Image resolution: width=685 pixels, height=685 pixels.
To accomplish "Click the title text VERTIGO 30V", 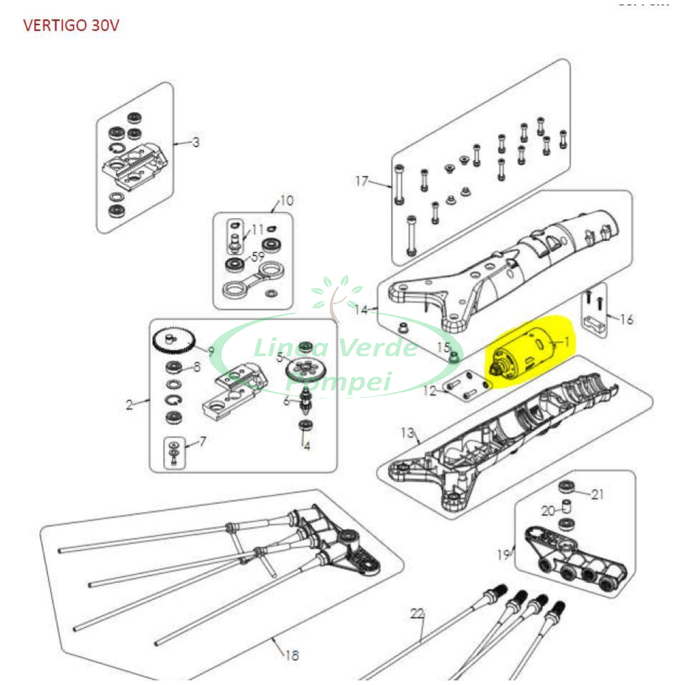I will tap(71, 26).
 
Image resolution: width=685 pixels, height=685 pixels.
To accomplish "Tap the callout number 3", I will tap(196, 142).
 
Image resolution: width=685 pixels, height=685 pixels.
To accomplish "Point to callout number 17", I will tap(362, 181).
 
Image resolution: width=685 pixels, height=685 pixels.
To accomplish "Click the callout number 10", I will tap(287, 201).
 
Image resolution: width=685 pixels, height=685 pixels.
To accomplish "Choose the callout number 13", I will tap(407, 433).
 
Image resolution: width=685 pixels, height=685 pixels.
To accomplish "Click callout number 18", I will tap(292, 655).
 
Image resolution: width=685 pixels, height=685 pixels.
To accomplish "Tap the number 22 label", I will tap(417, 614).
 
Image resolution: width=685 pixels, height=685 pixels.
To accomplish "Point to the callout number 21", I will tap(597, 494).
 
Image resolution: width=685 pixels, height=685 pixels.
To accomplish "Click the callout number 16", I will tap(627, 319).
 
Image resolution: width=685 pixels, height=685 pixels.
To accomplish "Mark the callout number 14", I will tap(361, 310).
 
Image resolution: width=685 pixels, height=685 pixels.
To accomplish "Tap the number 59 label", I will tap(258, 257).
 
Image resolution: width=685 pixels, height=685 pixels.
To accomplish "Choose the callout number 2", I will tap(130, 405).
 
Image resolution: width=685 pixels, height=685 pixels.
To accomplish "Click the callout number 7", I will tap(202, 441).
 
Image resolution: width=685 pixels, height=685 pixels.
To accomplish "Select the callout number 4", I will tap(307, 446).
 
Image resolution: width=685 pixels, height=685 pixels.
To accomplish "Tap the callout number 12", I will tap(429, 391).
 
